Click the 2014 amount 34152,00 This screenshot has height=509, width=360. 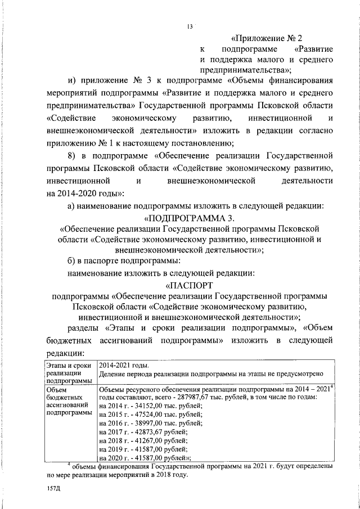click(146, 405)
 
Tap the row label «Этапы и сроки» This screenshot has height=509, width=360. click(69, 366)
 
